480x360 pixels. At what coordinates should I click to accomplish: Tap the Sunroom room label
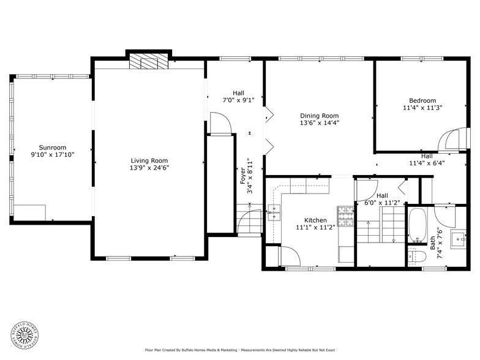tap(53, 148)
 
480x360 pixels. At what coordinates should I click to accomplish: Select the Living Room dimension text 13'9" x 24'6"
tap(149, 168)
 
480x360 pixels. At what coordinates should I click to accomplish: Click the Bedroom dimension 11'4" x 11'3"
tap(422, 108)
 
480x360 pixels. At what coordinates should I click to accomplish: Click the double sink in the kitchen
tap(275, 212)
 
